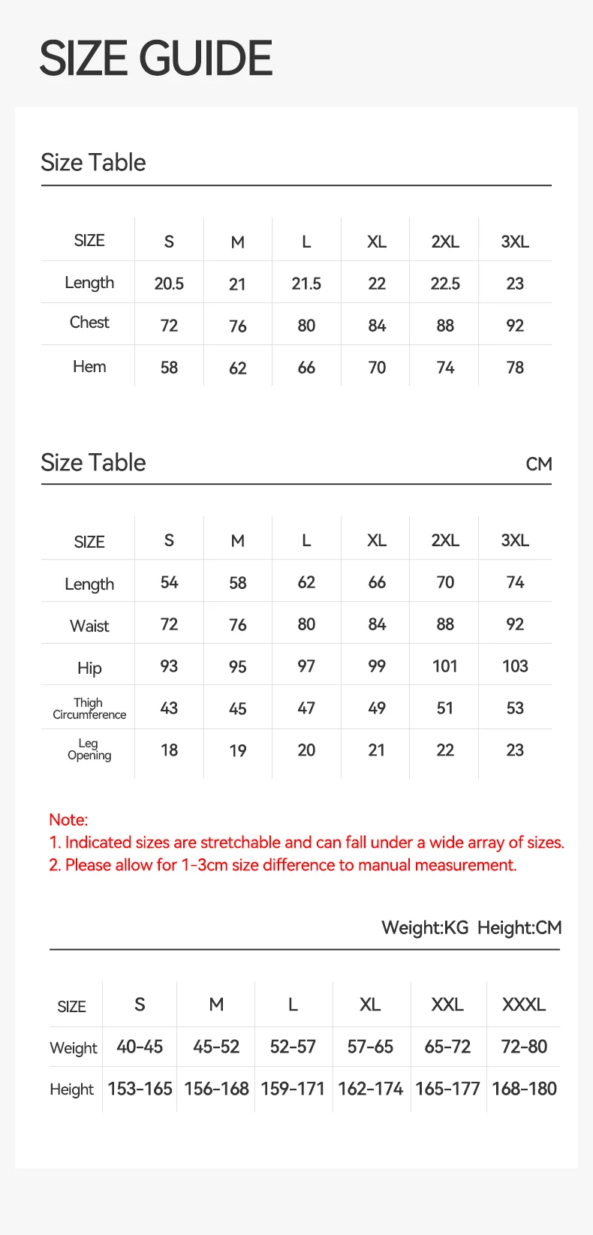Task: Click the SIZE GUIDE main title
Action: click(155, 59)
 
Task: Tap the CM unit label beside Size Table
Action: click(539, 464)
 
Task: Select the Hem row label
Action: click(89, 367)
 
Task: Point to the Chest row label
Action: click(89, 323)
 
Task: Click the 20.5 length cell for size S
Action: click(169, 284)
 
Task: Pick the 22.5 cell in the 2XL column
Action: click(445, 284)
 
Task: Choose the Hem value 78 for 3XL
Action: click(515, 368)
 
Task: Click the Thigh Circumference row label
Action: click(89, 708)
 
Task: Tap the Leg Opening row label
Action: click(89, 750)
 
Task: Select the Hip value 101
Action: click(445, 666)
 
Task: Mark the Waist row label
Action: click(89, 626)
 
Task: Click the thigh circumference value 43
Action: click(169, 708)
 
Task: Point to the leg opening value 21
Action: click(377, 750)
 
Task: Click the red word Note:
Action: click(68, 819)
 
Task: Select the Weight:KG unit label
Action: click(425, 928)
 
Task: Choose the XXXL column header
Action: click(524, 1005)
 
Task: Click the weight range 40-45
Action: click(140, 1047)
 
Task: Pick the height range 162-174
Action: click(371, 1089)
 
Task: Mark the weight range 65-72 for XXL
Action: click(447, 1047)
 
